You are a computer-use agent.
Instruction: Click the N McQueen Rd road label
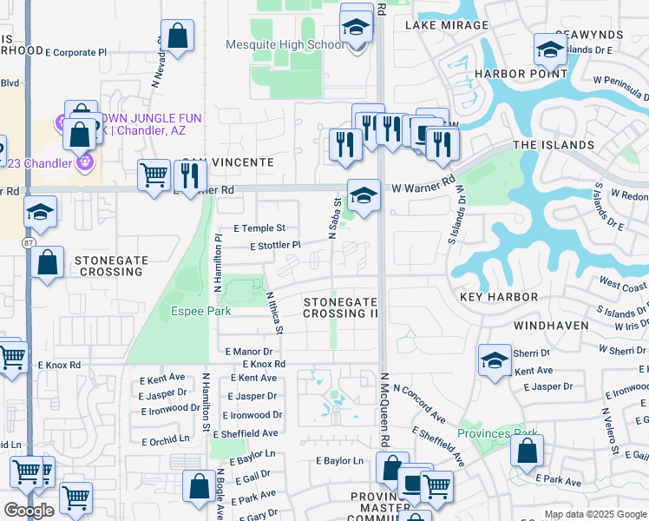(383, 421)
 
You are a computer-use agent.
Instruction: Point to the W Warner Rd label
(423, 187)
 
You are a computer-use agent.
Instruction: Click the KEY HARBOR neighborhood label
(499, 297)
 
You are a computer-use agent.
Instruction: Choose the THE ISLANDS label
(554, 145)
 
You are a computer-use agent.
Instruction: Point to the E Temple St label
(259, 228)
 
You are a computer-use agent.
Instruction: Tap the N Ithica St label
(274, 313)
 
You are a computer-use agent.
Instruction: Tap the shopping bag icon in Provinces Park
(527, 451)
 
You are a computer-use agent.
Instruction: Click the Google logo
(29, 511)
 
